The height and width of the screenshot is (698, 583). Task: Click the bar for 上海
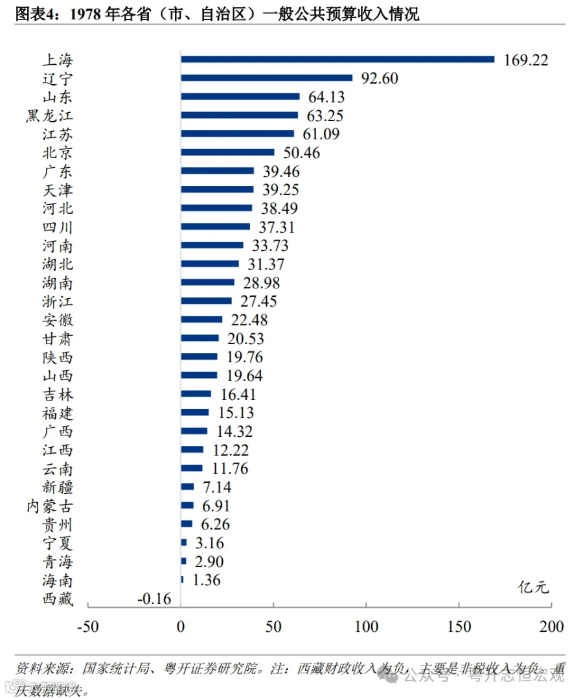337,59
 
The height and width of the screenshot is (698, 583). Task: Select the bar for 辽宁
266,78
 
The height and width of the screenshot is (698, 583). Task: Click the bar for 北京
227,152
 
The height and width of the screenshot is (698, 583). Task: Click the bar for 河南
212,245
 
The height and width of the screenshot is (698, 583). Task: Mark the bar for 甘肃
200,338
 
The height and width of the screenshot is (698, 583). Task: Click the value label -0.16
154,599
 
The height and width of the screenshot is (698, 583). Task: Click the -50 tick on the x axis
88,627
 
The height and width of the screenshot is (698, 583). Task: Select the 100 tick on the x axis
366,627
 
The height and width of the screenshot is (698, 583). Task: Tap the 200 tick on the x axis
551,627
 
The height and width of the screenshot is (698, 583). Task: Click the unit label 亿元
533,588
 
